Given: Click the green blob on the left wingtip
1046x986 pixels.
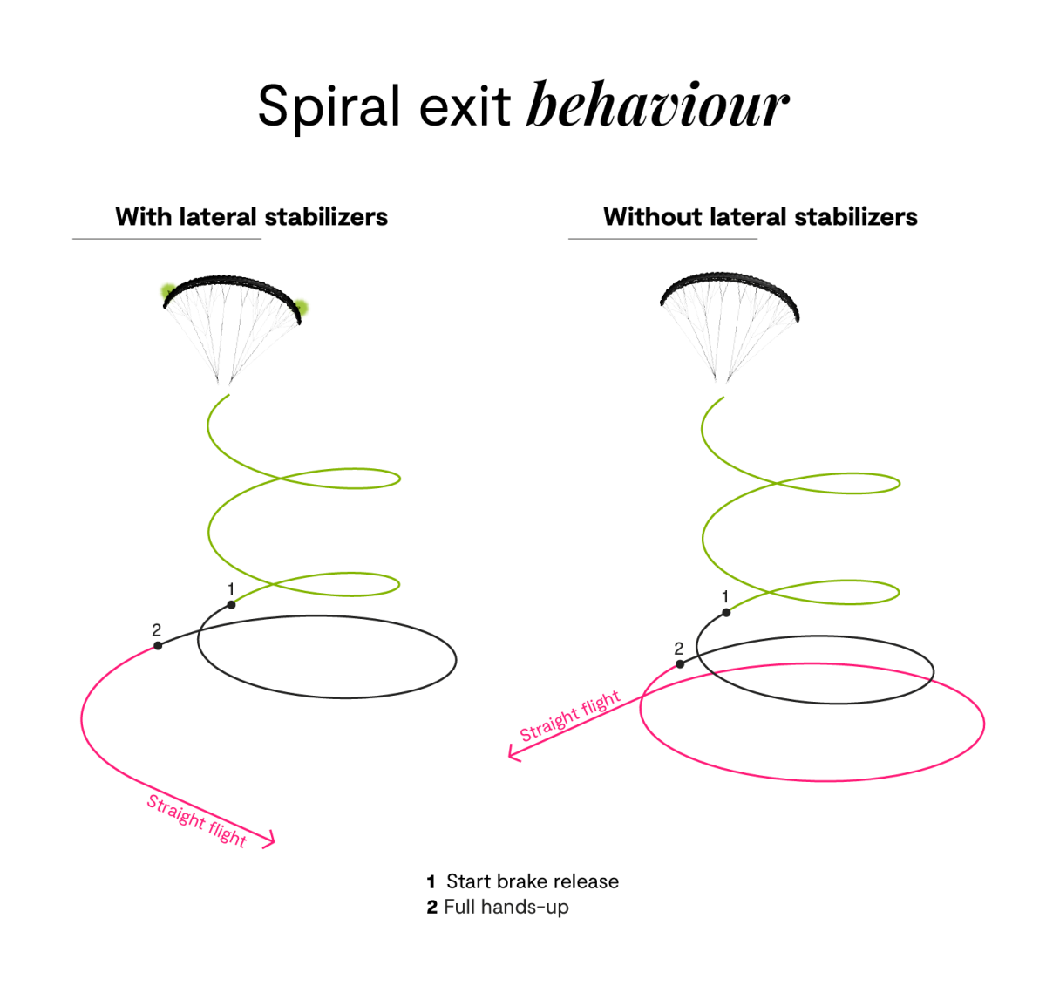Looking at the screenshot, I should point(166,291).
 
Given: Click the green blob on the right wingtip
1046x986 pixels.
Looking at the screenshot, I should point(302,307).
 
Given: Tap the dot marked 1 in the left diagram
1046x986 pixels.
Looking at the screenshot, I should point(231,604).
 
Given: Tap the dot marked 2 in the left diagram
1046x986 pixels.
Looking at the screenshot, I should point(158,646).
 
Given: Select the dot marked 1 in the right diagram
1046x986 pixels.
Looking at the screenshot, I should point(725,612).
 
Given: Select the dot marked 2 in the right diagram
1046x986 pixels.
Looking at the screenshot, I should point(681,664).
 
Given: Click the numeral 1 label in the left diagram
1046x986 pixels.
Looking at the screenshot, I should point(231,590).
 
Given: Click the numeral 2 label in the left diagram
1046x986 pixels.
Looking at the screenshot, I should point(156,629).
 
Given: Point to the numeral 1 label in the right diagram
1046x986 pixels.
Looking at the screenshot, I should point(725,597).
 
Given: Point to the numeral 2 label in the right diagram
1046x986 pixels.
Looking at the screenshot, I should point(678,649).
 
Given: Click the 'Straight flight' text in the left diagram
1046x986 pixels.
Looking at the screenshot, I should point(197,820).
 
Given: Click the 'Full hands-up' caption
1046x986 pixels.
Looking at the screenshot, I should point(506,907).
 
